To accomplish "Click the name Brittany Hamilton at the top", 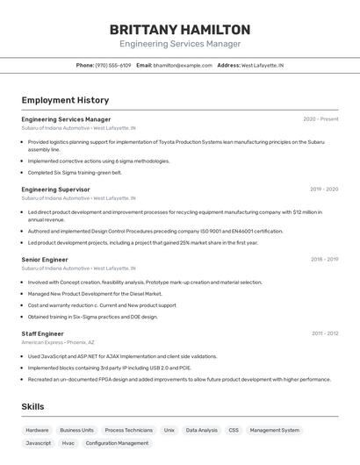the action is pyautogui.click(x=180, y=29).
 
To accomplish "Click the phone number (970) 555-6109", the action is pyautogui.click(x=112, y=65).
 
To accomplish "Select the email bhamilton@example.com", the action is pyautogui.click(x=183, y=65).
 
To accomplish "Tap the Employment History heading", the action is pyautogui.click(x=65, y=100).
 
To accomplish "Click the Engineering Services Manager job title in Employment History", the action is pyautogui.click(x=66, y=119).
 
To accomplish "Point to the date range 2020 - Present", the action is pyautogui.click(x=320, y=119).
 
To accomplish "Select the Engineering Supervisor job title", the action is pyautogui.click(x=55, y=190).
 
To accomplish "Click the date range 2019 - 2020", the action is pyautogui.click(x=324, y=190).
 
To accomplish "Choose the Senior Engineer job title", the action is pyautogui.click(x=45, y=260).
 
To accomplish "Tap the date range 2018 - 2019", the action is pyautogui.click(x=324, y=260).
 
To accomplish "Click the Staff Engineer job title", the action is pyautogui.click(x=42, y=333).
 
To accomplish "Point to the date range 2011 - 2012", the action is pyautogui.click(x=325, y=333).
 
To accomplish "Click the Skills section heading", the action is pyautogui.click(x=32, y=407).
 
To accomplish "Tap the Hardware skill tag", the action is pyautogui.click(x=37, y=430).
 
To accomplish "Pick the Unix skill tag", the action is pyautogui.click(x=169, y=430).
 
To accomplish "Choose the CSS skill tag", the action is pyautogui.click(x=234, y=430).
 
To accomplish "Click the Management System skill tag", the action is pyautogui.click(x=275, y=430).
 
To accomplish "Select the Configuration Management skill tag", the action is pyautogui.click(x=117, y=443).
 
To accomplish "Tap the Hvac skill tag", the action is pyautogui.click(x=68, y=443).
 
